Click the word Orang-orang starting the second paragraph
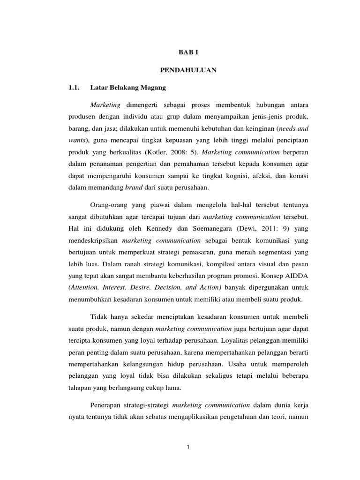pos(107,205)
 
